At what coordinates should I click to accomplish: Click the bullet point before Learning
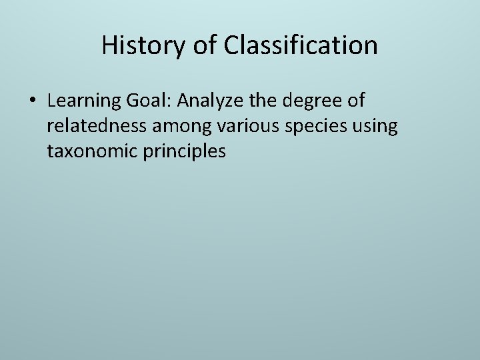click(33, 102)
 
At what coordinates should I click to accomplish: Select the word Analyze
click(211, 101)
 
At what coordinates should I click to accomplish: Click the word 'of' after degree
click(357, 101)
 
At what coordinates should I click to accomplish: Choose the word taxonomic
click(92, 152)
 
